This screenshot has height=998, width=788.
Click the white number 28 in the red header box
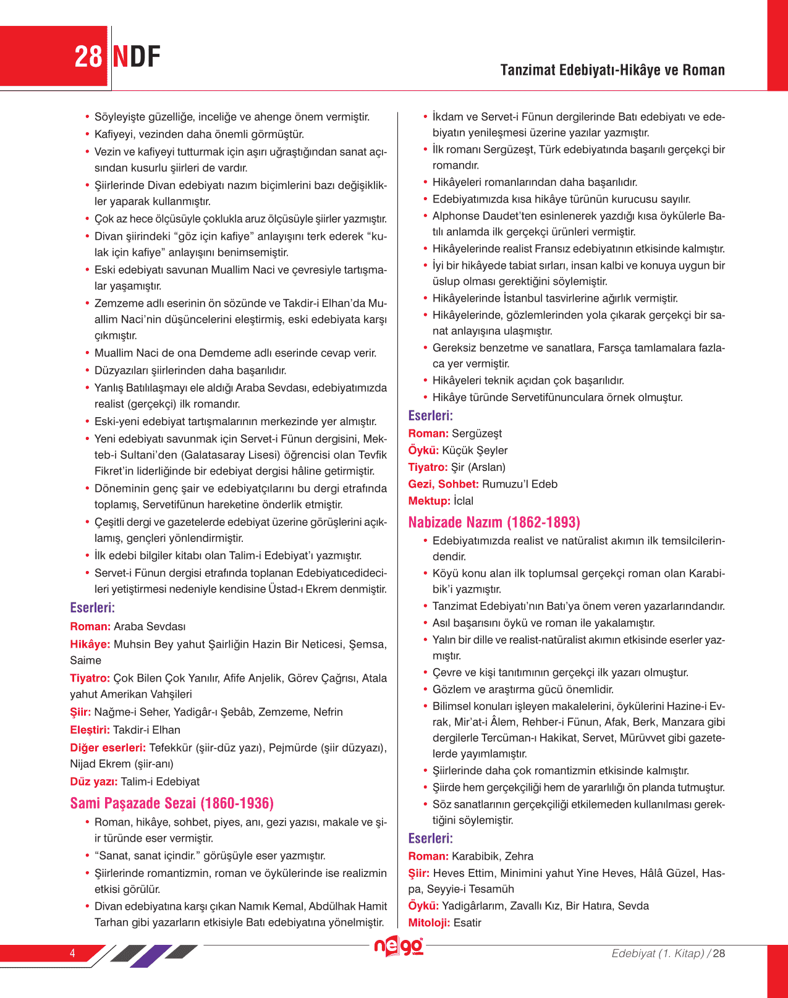88,57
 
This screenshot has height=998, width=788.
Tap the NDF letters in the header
137,57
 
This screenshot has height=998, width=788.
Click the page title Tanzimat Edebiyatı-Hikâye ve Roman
612,70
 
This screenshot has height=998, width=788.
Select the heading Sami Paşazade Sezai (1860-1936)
172,803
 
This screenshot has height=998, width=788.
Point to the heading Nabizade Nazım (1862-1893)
494,523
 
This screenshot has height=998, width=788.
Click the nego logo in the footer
399,947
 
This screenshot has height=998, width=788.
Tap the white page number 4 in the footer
72,953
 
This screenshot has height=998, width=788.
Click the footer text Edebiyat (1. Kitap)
658,954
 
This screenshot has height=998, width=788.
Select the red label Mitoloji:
429,923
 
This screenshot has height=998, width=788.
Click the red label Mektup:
429,501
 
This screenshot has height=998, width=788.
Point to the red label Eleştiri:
90,730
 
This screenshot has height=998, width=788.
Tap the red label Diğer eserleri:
108,748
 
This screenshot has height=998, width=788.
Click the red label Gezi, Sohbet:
443,484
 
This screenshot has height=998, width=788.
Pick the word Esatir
467,923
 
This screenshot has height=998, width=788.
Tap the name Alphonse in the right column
456,216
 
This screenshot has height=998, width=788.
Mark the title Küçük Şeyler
475,450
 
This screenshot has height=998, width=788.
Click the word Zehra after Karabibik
519,856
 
